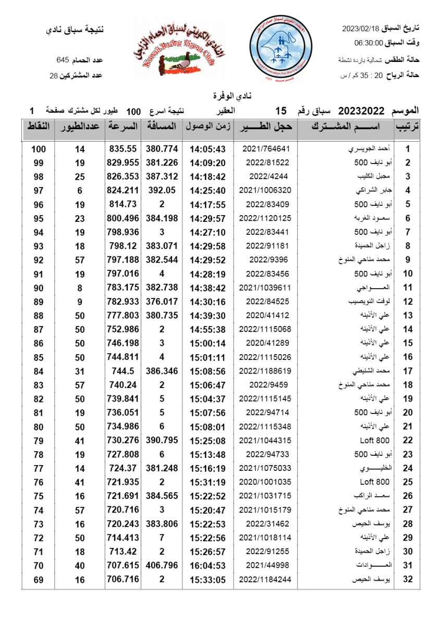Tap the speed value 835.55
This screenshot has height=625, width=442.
pos(122,148)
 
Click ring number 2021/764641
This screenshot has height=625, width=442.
pos(266,148)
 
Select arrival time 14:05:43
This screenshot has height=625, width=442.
pos(207,148)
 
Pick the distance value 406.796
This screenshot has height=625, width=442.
pos(162,565)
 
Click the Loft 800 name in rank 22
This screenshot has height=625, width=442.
pos(375,440)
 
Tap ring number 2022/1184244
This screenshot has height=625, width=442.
pos(265,579)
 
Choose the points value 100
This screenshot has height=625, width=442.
pos(38,148)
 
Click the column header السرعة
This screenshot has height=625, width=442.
pos(123,127)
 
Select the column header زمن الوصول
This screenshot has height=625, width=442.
pos(207,127)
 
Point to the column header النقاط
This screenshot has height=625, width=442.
pos(38,127)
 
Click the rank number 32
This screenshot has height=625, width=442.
pos(408,579)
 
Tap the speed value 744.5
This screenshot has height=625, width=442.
pos(124,371)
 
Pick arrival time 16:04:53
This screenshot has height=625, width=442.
pos(207,565)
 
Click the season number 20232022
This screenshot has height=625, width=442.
pos(361,111)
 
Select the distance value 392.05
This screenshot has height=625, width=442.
pos(162,190)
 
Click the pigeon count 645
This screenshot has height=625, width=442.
pos(64,61)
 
